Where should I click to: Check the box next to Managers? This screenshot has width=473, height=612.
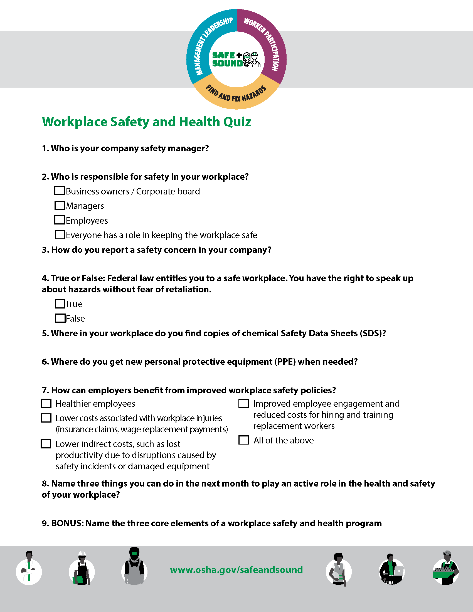point(60,205)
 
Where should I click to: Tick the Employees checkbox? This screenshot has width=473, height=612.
point(60,220)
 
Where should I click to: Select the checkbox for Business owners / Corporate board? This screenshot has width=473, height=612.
point(60,191)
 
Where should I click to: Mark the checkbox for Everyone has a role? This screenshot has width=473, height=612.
point(60,235)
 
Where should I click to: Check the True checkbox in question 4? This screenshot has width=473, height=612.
point(60,304)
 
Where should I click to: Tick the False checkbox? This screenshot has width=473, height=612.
point(60,318)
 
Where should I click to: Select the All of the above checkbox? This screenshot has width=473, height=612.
point(243,440)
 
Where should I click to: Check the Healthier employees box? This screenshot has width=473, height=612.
point(46,404)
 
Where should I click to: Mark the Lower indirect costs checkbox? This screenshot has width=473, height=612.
point(46,444)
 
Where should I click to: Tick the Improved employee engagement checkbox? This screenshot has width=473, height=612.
point(243,404)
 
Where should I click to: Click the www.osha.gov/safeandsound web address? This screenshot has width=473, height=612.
point(236,570)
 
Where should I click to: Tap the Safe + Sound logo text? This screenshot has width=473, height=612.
point(227,60)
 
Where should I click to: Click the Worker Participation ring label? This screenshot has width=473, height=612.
point(263,42)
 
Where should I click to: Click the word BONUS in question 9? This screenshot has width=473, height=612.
point(67,524)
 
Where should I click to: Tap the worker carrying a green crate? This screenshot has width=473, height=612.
point(446,569)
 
